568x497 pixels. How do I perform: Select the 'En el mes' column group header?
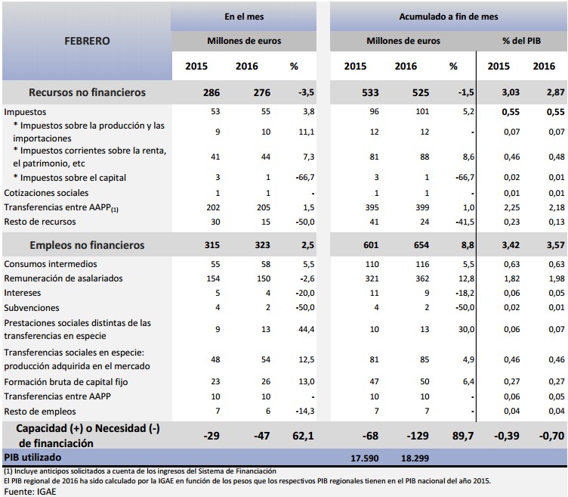click(x=244, y=16)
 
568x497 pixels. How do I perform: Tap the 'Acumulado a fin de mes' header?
click(x=449, y=16)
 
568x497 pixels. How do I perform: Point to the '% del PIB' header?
click(x=522, y=40)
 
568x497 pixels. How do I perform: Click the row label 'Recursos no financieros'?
click(x=87, y=93)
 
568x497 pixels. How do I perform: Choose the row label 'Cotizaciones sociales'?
click(x=46, y=193)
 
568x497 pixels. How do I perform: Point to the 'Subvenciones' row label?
click(x=31, y=308)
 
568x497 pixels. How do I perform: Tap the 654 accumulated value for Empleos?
click(x=406, y=245)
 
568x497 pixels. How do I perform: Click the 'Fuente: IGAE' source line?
click(x=30, y=491)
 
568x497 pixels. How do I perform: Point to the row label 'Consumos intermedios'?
click(x=51, y=264)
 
